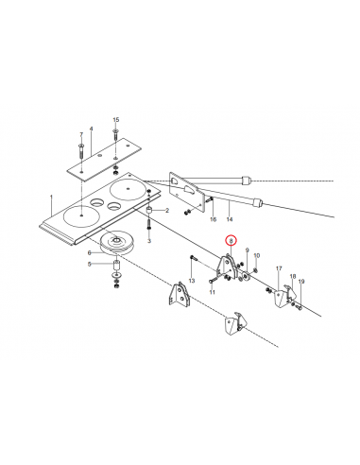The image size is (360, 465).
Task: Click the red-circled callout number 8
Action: click(x=231, y=242)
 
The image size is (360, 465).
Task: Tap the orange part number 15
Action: click(x=116, y=119)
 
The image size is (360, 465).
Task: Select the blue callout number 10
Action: click(x=255, y=256)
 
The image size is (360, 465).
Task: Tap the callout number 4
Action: click(x=91, y=128)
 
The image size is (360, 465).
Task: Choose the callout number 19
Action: click(x=301, y=282)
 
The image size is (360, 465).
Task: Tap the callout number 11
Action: click(x=213, y=293)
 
